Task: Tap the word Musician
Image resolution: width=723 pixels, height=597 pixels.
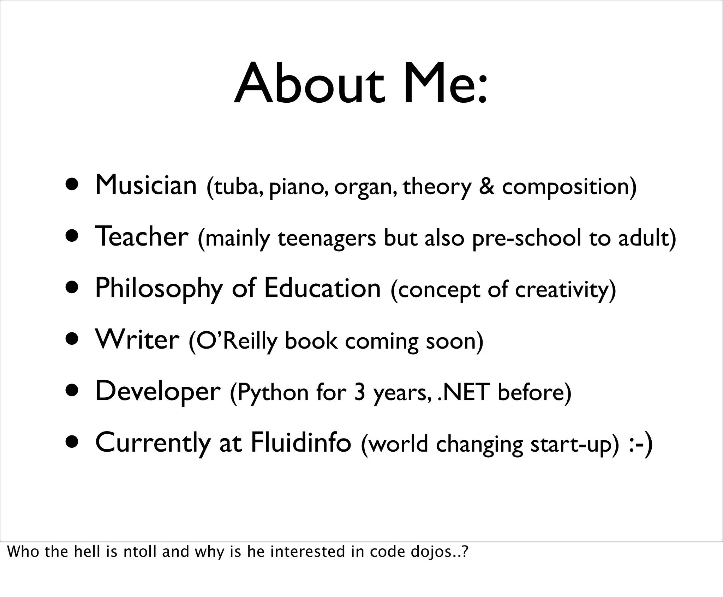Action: point(146,185)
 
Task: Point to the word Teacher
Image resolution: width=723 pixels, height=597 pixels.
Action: point(142,237)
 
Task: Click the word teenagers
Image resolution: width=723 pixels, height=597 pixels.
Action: point(327,239)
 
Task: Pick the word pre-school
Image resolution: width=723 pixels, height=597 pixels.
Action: point(526,239)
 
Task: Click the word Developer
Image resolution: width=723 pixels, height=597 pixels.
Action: point(158,392)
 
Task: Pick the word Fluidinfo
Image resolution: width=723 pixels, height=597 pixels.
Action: point(301,443)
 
